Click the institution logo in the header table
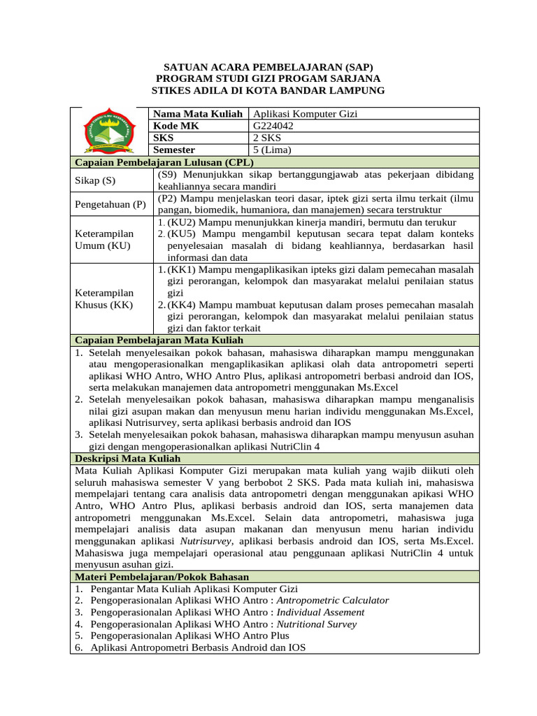(111, 131)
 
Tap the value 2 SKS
(266, 138)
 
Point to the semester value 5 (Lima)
(271, 150)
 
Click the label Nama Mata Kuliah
(198, 113)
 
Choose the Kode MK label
(176, 125)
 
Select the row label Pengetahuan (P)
(110, 204)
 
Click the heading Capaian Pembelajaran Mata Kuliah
(159, 340)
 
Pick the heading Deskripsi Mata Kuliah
(127, 458)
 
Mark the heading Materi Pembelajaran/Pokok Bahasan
(162, 577)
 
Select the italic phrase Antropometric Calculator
(333, 600)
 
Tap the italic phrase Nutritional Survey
(317, 624)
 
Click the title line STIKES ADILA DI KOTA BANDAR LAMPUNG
(268, 91)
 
